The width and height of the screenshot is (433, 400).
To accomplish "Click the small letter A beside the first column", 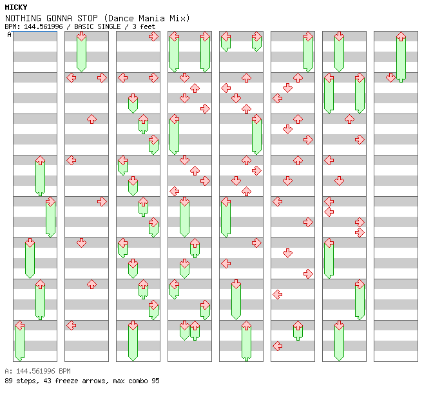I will [9, 35].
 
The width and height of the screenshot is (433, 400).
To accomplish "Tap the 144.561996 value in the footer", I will [34, 372].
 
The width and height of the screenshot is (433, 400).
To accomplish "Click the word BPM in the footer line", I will [64, 372].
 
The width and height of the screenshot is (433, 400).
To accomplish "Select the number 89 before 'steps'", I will [8, 381].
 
